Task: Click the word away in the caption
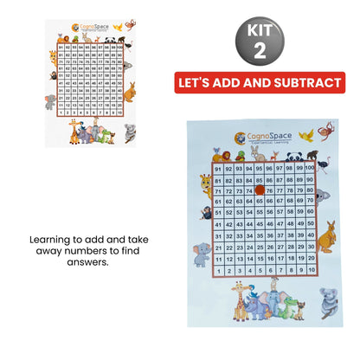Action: [x=60, y=253]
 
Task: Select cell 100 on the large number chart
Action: [x=309, y=167]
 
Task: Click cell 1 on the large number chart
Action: [x=217, y=269]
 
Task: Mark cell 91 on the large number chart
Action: [x=217, y=167]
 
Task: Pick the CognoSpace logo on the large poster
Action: [x=251, y=137]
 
